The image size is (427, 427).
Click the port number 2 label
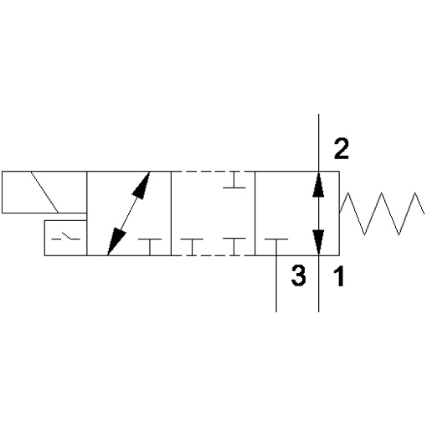coord(342,149)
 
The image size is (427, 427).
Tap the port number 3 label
coord(298,275)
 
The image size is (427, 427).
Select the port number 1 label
coord(339,276)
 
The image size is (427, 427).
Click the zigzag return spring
coord(383,213)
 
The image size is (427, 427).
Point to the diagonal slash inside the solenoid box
coord(44,192)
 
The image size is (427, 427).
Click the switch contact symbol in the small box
coord(66,237)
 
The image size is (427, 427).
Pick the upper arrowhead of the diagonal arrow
coord(141,185)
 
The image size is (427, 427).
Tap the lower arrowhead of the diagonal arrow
coord(116,241)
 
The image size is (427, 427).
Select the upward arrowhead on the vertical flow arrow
coord(318,184)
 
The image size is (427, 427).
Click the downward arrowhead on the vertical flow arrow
coord(318,242)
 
